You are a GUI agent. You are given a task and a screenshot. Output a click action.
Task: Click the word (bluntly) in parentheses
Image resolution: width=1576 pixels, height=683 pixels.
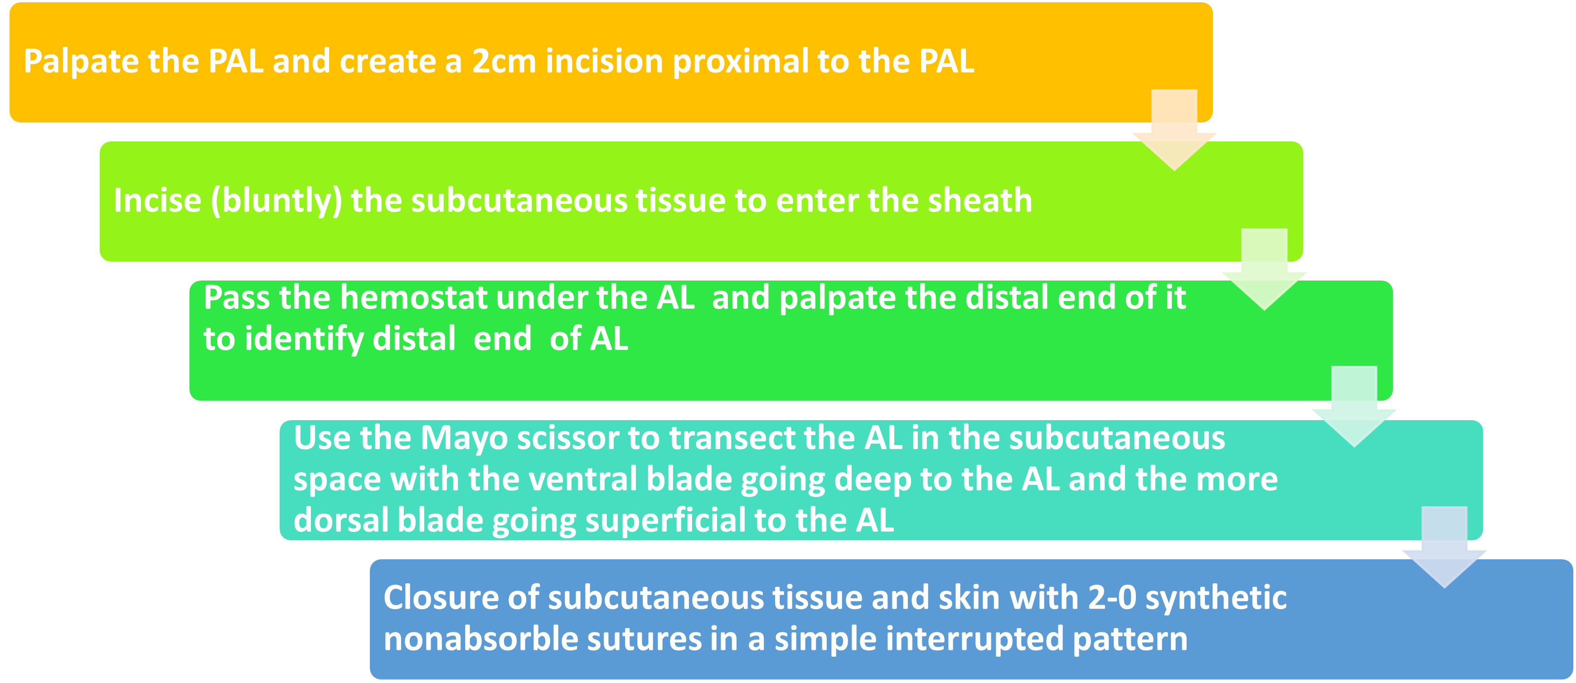point(276,201)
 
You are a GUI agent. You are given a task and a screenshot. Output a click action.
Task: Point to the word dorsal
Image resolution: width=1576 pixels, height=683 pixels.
point(341,520)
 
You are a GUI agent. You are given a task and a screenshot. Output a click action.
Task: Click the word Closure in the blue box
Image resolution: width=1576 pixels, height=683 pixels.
point(441,598)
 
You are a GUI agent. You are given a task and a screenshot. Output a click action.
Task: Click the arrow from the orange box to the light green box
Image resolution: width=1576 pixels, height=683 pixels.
point(1174,131)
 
